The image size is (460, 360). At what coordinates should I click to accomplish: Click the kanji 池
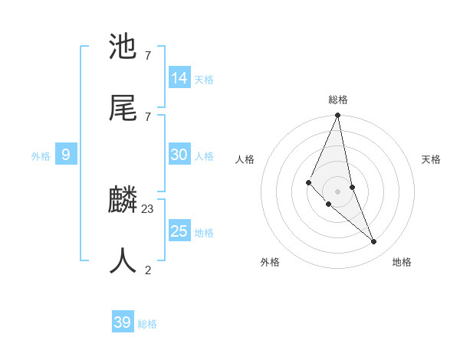pyautogui.click(x=123, y=47)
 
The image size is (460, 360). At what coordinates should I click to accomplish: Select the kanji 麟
pyautogui.click(x=123, y=200)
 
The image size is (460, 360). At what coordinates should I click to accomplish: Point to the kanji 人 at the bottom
pyautogui.click(x=123, y=261)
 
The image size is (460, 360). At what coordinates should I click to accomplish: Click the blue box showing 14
pyautogui.click(x=179, y=77)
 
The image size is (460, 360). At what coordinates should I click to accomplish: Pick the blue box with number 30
pyautogui.click(x=179, y=155)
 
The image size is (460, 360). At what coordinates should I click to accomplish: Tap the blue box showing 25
pyautogui.click(x=179, y=231)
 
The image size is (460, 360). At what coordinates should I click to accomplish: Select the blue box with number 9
pyautogui.click(x=66, y=155)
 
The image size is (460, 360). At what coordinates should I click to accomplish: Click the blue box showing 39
pyautogui.click(x=123, y=322)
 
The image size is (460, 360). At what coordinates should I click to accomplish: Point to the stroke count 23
pyautogui.click(x=148, y=208)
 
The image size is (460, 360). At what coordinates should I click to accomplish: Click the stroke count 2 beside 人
pyautogui.click(x=148, y=270)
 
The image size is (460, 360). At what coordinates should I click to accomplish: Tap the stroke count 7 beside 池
pyautogui.click(x=148, y=55)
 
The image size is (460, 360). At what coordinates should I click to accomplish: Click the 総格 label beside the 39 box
pyautogui.click(x=147, y=324)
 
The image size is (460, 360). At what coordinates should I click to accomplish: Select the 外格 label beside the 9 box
pyautogui.click(x=41, y=156)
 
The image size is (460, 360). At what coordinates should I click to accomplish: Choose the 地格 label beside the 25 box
pyautogui.click(x=204, y=233)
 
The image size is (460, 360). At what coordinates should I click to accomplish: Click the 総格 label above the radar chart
pyautogui.click(x=338, y=100)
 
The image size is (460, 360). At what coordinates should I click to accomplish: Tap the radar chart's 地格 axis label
pyautogui.click(x=402, y=262)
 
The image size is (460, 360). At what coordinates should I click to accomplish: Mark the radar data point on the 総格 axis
pyautogui.click(x=338, y=116)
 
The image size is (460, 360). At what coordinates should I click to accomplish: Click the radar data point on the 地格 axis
pyautogui.click(x=374, y=241)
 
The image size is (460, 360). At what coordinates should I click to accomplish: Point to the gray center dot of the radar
pyautogui.click(x=338, y=191)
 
